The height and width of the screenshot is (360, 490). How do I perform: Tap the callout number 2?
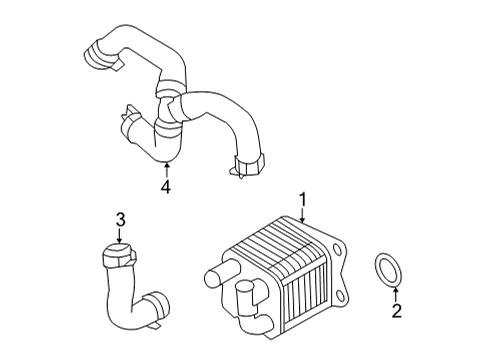tap(395, 311)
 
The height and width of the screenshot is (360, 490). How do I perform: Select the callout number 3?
tap(119, 219)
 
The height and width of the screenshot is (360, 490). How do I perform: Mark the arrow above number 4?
tap(167, 168)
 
